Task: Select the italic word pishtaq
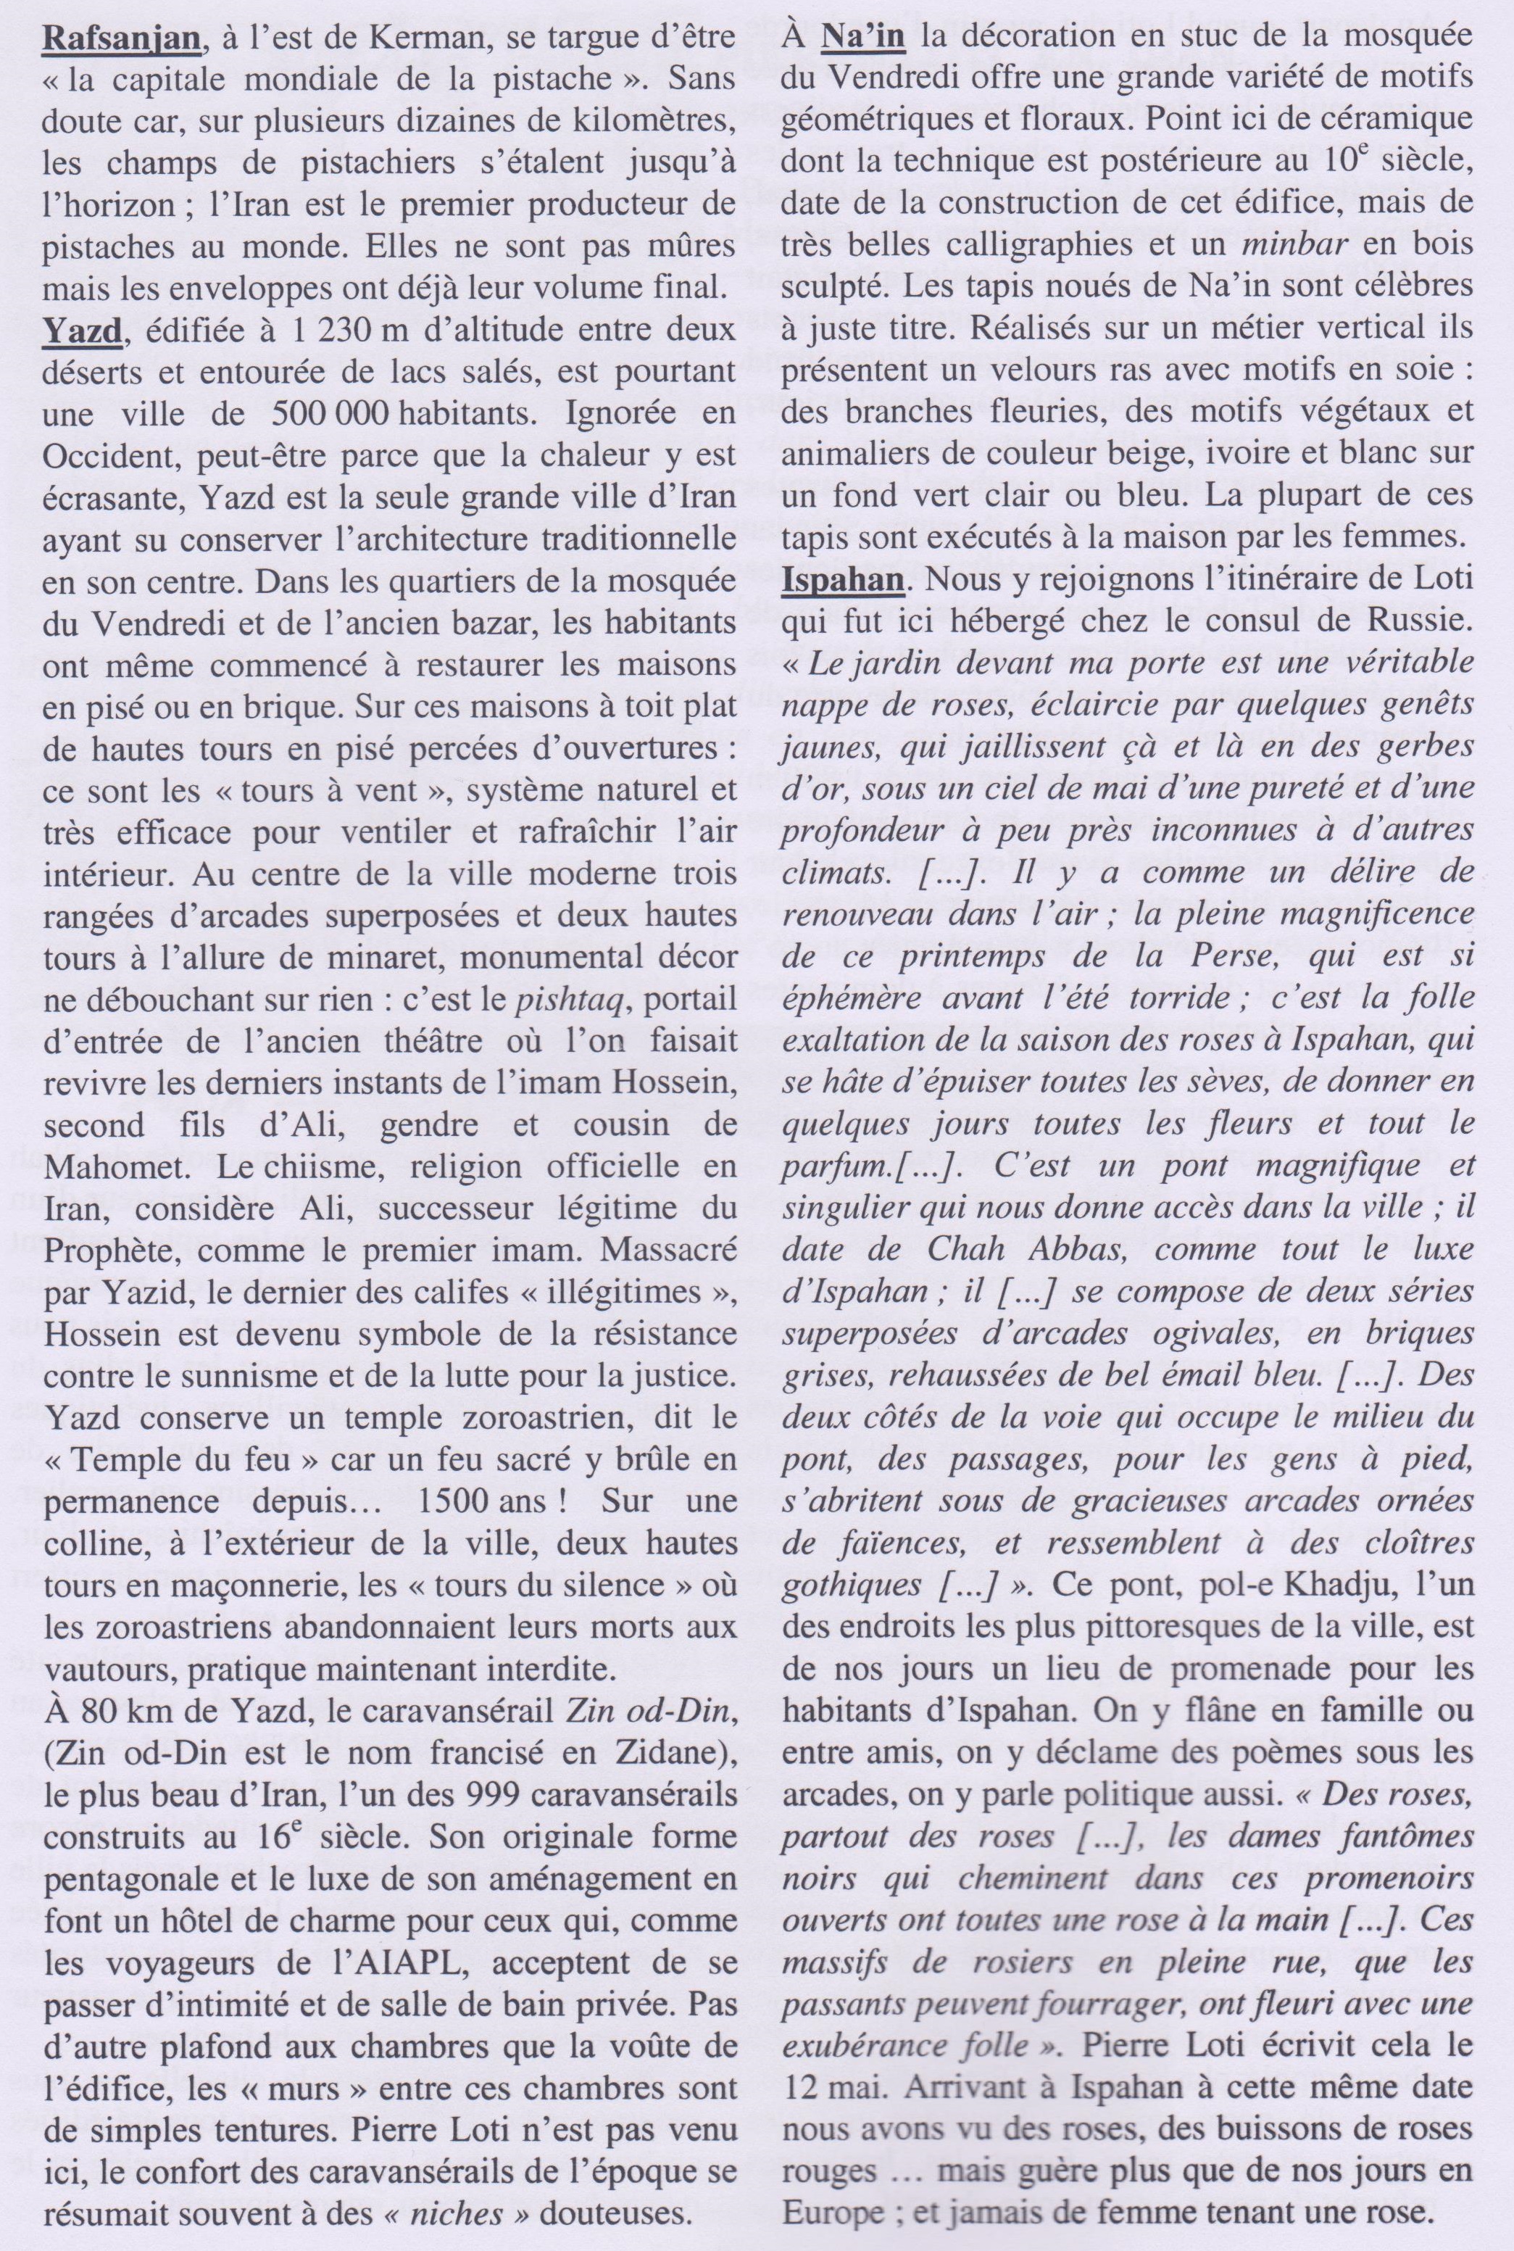click(x=573, y=998)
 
